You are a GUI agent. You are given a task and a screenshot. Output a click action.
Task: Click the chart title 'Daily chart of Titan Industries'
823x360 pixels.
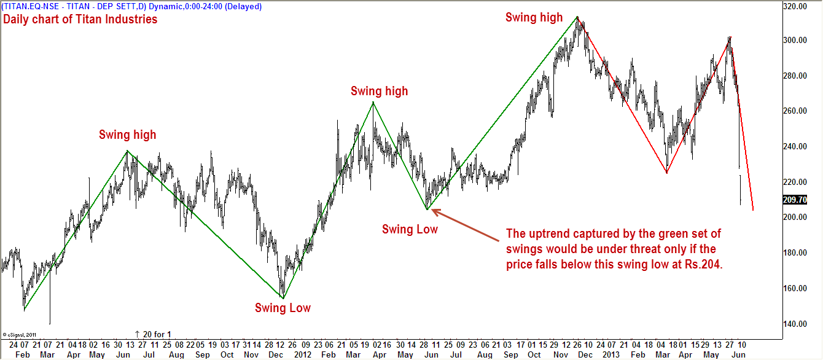tap(80, 19)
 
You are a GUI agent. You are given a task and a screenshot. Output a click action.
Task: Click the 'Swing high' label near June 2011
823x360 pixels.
tap(128, 135)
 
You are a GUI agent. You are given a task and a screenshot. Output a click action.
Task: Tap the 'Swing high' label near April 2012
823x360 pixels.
tap(379, 91)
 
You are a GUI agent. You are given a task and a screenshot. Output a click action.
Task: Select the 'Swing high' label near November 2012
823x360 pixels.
tap(534, 17)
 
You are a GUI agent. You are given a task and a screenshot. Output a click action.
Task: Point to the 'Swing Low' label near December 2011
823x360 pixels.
tap(283, 308)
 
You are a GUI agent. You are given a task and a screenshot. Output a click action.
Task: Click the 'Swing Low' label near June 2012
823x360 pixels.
tap(410, 229)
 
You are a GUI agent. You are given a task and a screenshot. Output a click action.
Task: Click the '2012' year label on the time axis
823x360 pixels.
tap(302, 355)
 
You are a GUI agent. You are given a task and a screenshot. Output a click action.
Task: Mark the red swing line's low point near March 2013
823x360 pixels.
tap(666, 173)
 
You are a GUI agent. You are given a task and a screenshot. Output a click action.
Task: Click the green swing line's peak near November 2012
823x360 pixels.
tap(577, 17)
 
